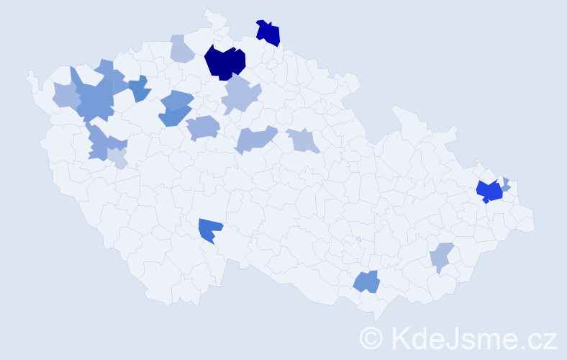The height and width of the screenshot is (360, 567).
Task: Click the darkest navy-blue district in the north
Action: click(224, 62)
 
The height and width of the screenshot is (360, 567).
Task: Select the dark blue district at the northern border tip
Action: click(269, 33)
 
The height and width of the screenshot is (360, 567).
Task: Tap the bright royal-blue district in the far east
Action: click(490, 192)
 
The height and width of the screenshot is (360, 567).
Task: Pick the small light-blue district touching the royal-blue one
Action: click(506, 184)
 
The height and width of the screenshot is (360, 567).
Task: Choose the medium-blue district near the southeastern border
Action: click(367, 282)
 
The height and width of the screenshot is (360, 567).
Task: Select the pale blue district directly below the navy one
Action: click(240, 96)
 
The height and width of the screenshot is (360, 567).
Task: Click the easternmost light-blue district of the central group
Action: click(303, 140)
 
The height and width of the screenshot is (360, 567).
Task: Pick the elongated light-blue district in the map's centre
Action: click(255, 138)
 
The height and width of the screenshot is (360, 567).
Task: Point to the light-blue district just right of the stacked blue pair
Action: click(204, 127)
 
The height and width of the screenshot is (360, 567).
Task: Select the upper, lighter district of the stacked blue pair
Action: click(177, 100)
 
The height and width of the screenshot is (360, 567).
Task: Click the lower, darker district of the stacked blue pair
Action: click(173, 116)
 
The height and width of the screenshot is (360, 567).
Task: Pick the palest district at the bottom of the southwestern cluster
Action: click(118, 160)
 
